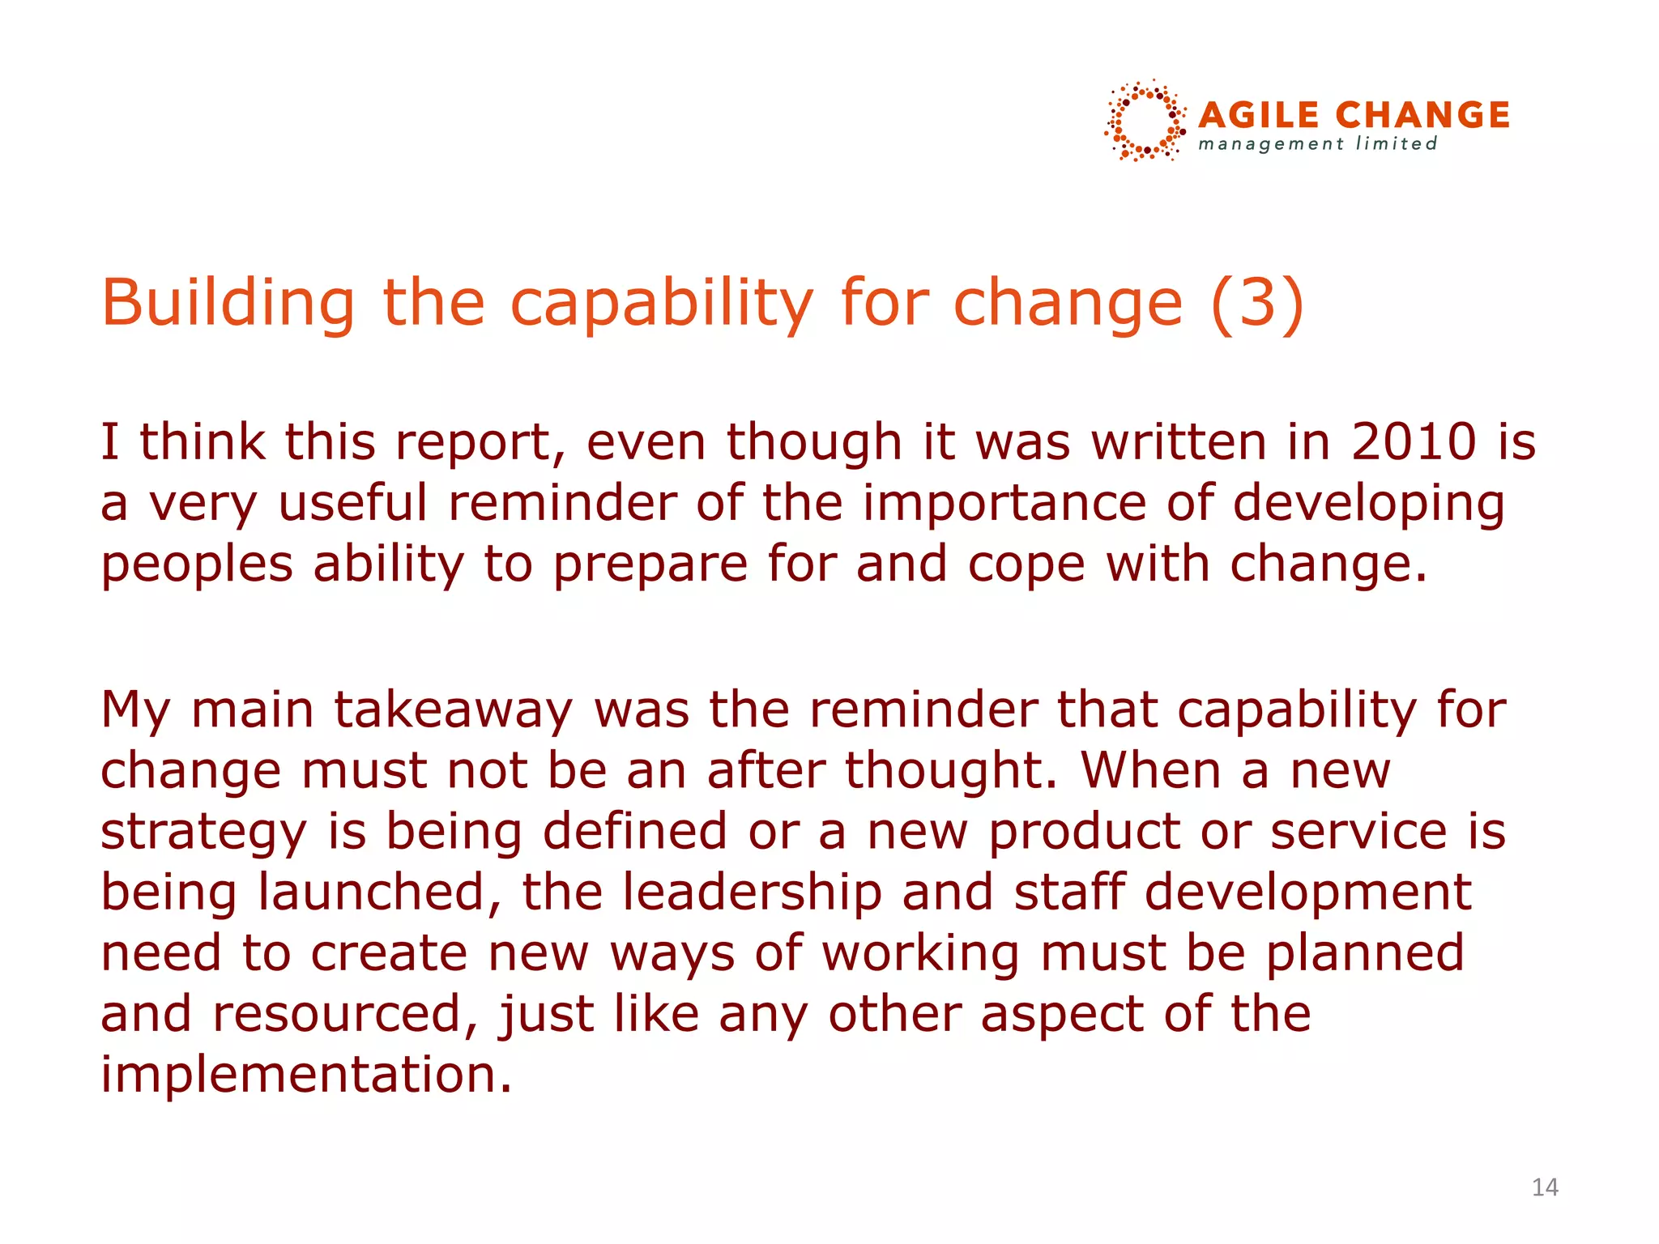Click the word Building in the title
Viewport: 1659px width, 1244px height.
tap(228, 303)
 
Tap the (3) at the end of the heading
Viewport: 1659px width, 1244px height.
tap(1257, 303)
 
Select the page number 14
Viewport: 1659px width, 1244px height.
tap(1545, 1187)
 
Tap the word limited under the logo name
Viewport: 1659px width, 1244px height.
tap(1397, 144)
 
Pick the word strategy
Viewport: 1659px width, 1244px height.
tap(203, 833)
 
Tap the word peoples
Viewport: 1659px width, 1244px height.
tap(197, 564)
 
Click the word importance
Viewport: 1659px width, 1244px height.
tap(1004, 503)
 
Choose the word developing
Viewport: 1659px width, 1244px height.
tap(1369, 505)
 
